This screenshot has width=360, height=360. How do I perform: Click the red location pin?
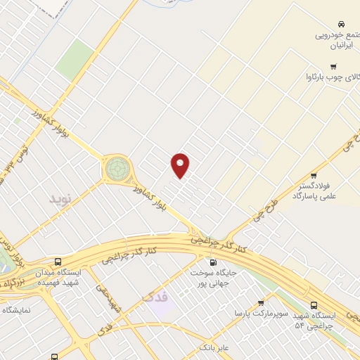click(x=181, y=165)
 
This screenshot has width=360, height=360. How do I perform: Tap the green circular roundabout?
click(x=116, y=169)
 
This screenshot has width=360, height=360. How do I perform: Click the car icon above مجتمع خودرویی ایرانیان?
click(x=341, y=23)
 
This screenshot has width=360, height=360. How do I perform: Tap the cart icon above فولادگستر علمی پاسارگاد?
click(x=313, y=176)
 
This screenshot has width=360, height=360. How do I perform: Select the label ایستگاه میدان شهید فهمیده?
click(x=77, y=277)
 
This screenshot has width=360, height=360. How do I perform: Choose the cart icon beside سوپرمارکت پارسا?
click(x=261, y=304)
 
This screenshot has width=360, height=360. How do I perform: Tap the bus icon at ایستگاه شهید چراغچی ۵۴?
click(x=315, y=304)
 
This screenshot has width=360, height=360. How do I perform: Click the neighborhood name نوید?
click(x=60, y=199)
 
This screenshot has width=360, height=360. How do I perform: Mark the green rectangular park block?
click(x=75, y=60)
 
